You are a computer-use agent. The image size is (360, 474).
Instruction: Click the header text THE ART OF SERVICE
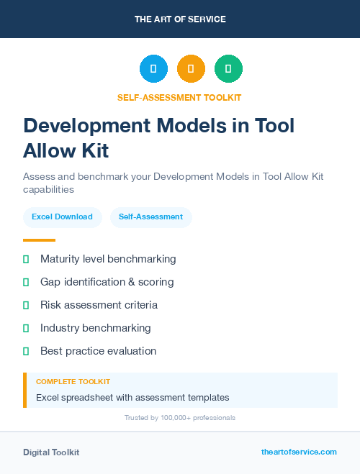[x=180, y=19]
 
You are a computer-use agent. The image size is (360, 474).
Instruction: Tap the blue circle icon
[x=153, y=68]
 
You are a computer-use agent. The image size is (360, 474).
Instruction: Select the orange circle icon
[x=191, y=68]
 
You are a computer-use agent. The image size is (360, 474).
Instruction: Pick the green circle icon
[x=228, y=68]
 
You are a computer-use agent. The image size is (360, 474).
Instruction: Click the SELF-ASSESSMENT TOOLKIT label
[x=179, y=98]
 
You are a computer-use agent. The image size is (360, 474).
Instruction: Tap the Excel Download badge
[x=62, y=217]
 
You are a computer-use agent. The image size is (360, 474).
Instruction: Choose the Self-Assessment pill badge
[x=150, y=217]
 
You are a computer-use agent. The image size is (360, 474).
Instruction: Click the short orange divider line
[x=39, y=240]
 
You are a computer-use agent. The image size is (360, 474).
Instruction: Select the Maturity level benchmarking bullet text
[x=108, y=259]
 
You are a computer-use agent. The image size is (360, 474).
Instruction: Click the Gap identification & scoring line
[x=107, y=282]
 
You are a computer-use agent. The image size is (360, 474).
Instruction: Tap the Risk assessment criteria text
[x=99, y=305]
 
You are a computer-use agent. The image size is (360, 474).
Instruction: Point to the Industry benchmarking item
[x=95, y=328]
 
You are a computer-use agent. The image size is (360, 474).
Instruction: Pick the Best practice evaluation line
[x=98, y=351]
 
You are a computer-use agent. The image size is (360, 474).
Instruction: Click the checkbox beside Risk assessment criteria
[x=26, y=305]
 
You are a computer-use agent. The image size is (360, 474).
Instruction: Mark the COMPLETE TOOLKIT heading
[x=73, y=381]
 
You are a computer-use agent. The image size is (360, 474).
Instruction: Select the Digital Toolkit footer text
[x=51, y=452]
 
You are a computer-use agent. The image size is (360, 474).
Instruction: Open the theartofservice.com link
[x=299, y=452]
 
